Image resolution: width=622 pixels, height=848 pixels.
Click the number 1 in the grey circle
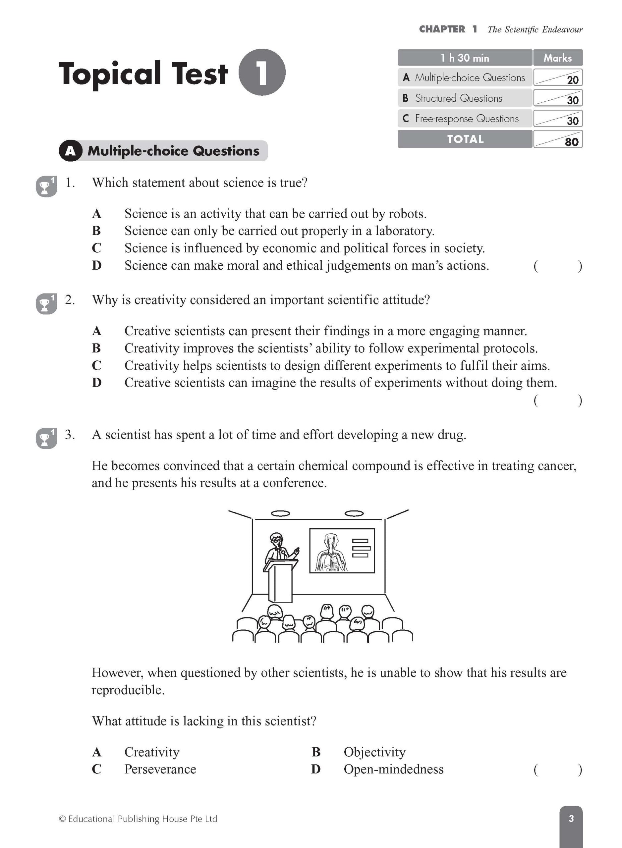click(x=262, y=72)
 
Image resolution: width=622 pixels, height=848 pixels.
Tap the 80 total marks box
click(x=558, y=139)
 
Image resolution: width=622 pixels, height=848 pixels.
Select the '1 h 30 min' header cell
click(x=465, y=58)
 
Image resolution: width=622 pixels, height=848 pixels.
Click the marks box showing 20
click(x=558, y=78)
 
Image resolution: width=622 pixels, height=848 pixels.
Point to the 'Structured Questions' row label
click(x=458, y=98)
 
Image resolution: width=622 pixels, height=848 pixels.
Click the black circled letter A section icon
click(x=70, y=151)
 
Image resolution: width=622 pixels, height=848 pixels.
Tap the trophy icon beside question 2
click(x=46, y=303)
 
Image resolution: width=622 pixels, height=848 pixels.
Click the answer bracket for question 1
click(x=558, y=266)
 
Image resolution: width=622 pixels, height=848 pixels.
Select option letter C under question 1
click(x=96, y=248)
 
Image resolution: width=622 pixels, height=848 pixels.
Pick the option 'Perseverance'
click(x=160, y=769)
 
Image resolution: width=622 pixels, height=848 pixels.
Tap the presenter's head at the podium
click(x=277, y=540)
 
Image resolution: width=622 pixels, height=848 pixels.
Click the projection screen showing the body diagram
click(x=342, y=551)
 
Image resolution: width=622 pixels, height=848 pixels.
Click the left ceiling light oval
click(x=280, y=513)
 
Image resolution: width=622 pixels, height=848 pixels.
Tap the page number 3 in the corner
click(x=571, y=818)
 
